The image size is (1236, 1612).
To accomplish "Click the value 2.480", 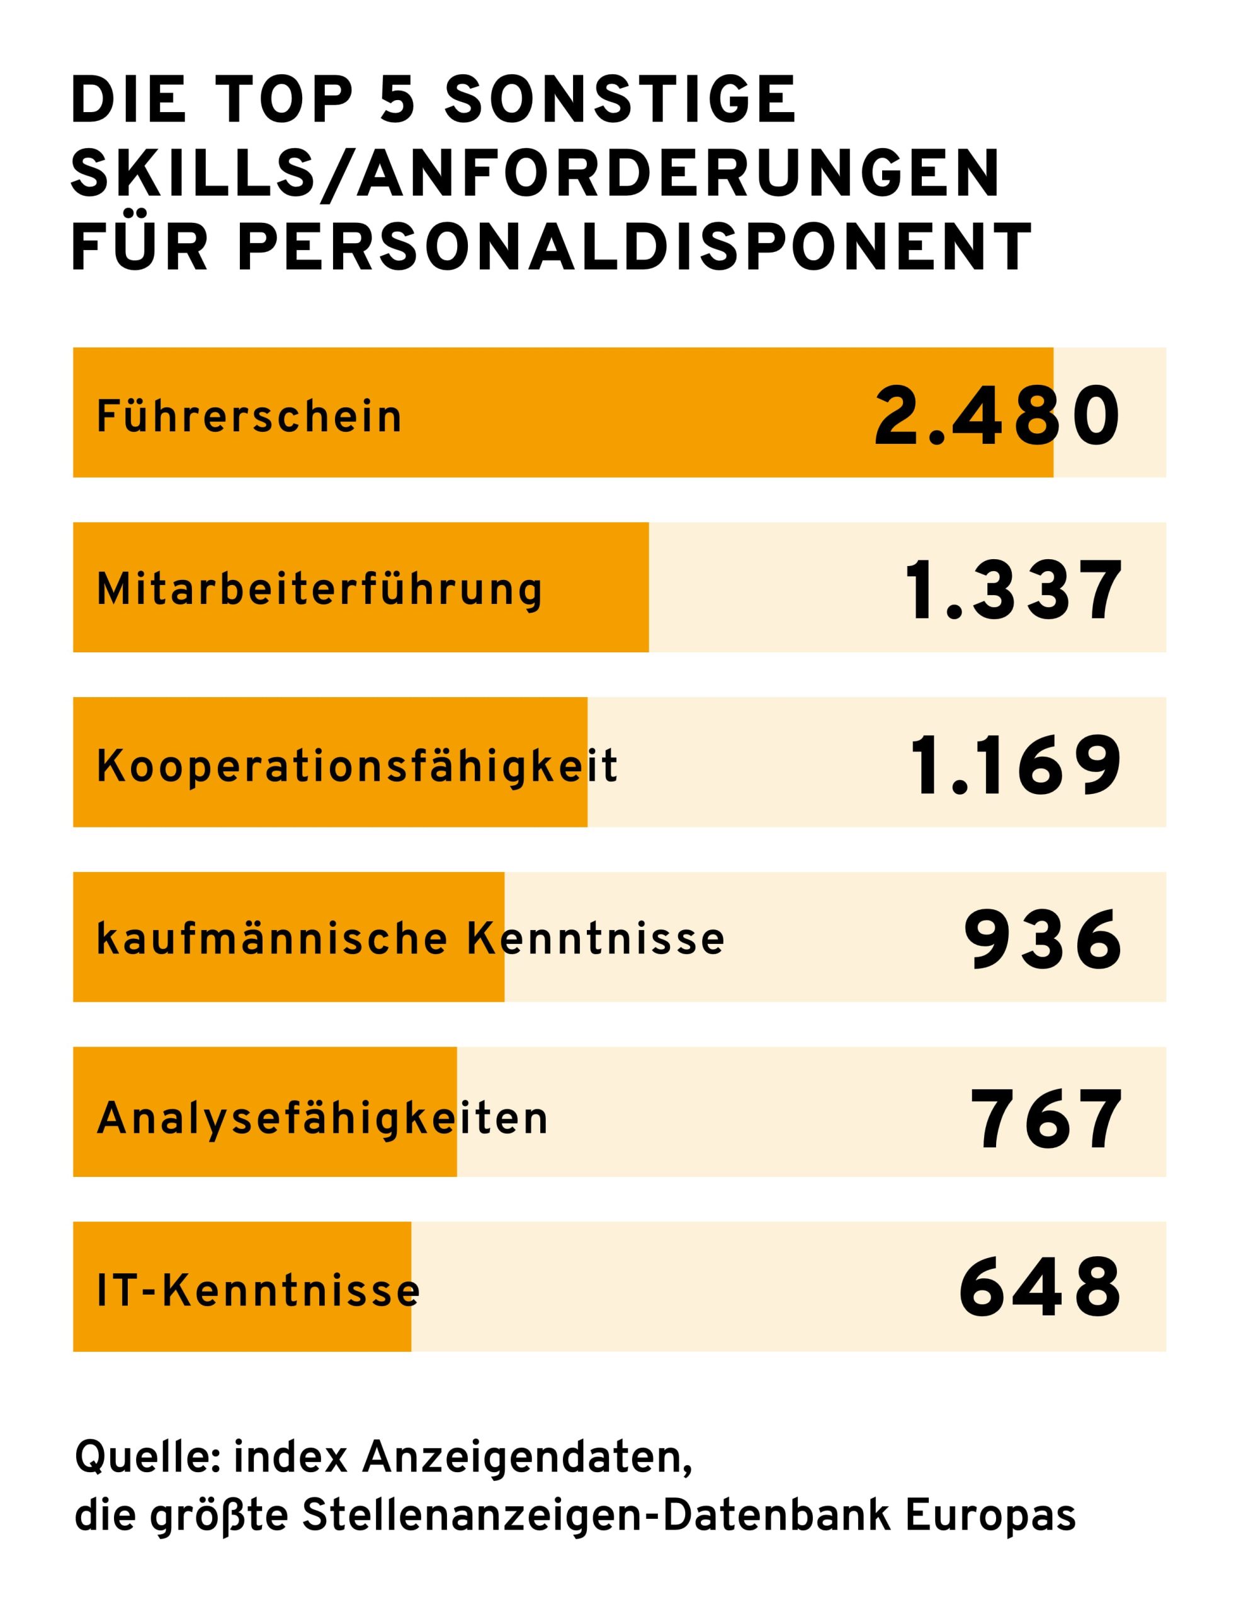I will pyautogui.click(x=997, y=416).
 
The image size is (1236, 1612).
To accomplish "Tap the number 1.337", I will pyautogui.click(x=1014, y=590).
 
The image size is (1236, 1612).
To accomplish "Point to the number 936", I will pyautogui.click(x=1043, y=939).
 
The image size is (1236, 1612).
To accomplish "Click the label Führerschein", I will pyautogui.click(x=249, y=416).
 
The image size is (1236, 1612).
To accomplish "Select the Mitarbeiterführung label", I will pyautogui.click(x=319, y=591).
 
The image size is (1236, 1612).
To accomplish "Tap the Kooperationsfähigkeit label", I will pyautogui.click(x=357, y=766).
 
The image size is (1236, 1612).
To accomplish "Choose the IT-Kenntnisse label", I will pyautogui.click(x=258, y=1291).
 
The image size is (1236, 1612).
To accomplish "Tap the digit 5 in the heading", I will pyautogui.click(x=398, y=99).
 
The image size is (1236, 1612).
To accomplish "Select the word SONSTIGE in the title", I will pyautogui.click(x=621, y=99).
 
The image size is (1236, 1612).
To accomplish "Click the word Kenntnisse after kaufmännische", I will pyautogui.click(x=596, y=939).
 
